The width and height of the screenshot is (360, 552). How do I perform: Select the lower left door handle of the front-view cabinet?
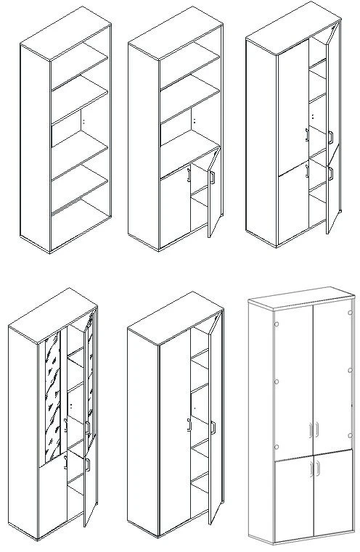(x=310, y=471)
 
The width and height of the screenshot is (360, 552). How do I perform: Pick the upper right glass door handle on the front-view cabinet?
(x=318, y=431)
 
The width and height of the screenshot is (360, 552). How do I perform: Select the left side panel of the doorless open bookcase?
(x=35, y=145)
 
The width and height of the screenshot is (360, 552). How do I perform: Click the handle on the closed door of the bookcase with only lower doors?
(x=189, y=173)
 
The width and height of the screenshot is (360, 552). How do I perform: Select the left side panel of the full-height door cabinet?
(x=141, y=428)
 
